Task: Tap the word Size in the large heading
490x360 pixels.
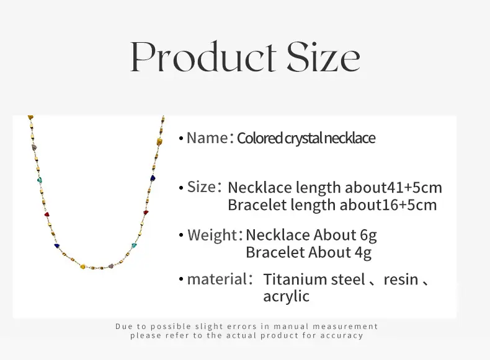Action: click(323, 57)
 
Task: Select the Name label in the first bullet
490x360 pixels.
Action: click(207, 138)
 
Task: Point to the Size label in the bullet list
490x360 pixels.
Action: click(202, 187)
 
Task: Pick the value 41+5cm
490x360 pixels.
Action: click(415, 187)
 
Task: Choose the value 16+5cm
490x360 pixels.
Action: click(409, 205)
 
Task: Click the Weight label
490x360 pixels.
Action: click(212, 235)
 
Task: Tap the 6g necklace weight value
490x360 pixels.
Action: click(368, 235)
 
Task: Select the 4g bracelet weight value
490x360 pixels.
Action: click(363, 253)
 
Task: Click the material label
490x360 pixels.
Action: click(217, 279)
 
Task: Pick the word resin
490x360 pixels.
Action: click(401, 279)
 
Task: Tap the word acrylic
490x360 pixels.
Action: click(287, 296)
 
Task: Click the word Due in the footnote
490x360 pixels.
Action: click(124, 327)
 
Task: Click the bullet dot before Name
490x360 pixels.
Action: click(181, 138)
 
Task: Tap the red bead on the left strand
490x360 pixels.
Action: click(47, 215)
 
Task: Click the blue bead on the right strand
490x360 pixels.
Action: click(153, 178)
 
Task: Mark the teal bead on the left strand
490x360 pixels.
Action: click(39, 180)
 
